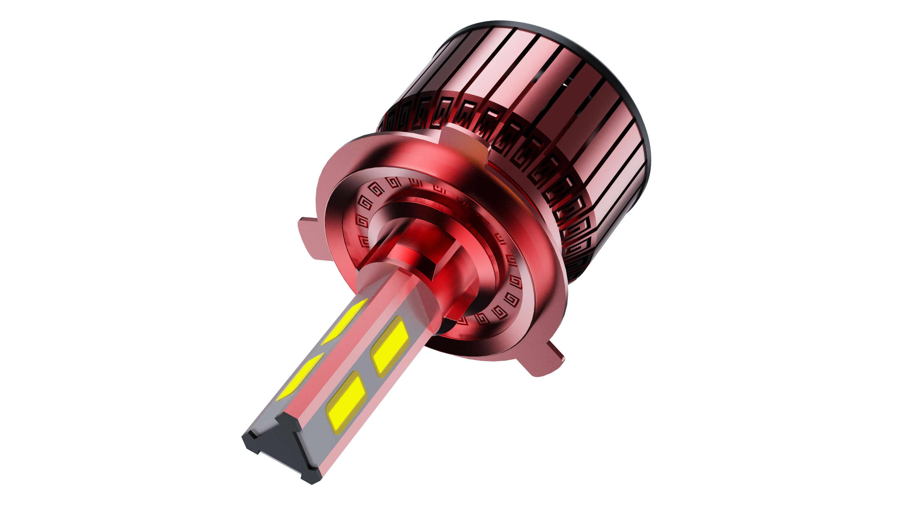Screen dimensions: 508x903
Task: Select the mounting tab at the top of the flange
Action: tap(463, 139)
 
